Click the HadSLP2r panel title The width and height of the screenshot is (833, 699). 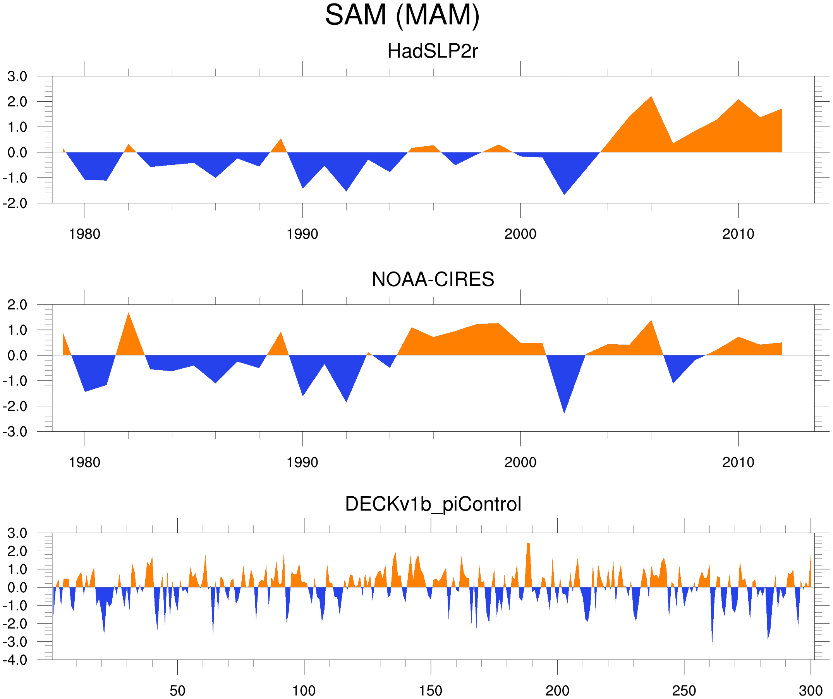432,51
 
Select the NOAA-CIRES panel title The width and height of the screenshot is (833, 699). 433,279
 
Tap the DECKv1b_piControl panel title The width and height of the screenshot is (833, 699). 433,504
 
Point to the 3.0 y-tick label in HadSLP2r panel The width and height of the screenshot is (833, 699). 17,77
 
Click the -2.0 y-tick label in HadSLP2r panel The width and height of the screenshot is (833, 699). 15,203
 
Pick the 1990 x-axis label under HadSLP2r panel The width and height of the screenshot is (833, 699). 302,234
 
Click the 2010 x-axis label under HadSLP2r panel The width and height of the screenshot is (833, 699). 738,234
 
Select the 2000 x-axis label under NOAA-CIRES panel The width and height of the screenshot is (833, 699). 520,462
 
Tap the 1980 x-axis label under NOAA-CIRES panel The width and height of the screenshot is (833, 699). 84,462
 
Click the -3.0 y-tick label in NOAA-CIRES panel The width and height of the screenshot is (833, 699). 15,432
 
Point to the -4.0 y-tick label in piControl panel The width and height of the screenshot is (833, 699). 15,660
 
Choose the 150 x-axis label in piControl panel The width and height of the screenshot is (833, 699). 430,690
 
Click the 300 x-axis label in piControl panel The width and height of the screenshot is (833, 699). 811,690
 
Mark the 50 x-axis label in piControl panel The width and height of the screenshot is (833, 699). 177,690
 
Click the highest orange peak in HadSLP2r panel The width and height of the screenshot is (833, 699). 651,97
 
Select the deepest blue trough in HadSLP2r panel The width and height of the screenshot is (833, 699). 564,193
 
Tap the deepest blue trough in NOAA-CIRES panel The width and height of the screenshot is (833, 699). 564,412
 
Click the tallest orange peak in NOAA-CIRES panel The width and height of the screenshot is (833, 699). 128,314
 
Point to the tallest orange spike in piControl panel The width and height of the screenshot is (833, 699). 528,544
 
